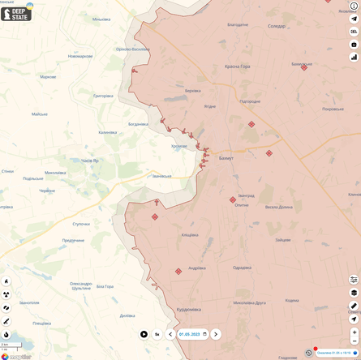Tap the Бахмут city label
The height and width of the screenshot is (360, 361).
tap(226, 158)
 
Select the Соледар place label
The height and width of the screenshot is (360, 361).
tap(277, 26)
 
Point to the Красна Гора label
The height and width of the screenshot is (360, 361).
tap(238, 66)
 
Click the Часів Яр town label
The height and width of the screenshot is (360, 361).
tap(90, 161)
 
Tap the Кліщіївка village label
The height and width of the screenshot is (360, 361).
tap(190, 235)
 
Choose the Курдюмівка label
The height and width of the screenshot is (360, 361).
tap(189, 309)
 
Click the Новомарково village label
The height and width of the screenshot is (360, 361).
tap(80, 56)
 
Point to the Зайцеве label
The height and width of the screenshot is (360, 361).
tap(282, 240)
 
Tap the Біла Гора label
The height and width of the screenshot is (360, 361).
tap(105, 286)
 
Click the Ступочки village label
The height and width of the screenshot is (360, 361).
tap(81, 224)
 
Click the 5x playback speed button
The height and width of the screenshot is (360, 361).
tap(157, 334)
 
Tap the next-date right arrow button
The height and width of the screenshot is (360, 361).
tap(216, 334)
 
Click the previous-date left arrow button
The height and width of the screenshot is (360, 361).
tap(170, 334)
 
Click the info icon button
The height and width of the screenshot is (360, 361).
tap(354, 6)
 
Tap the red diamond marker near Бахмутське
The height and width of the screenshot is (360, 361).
tap(304, 67)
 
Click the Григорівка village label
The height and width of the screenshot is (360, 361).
tap(103, 96)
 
